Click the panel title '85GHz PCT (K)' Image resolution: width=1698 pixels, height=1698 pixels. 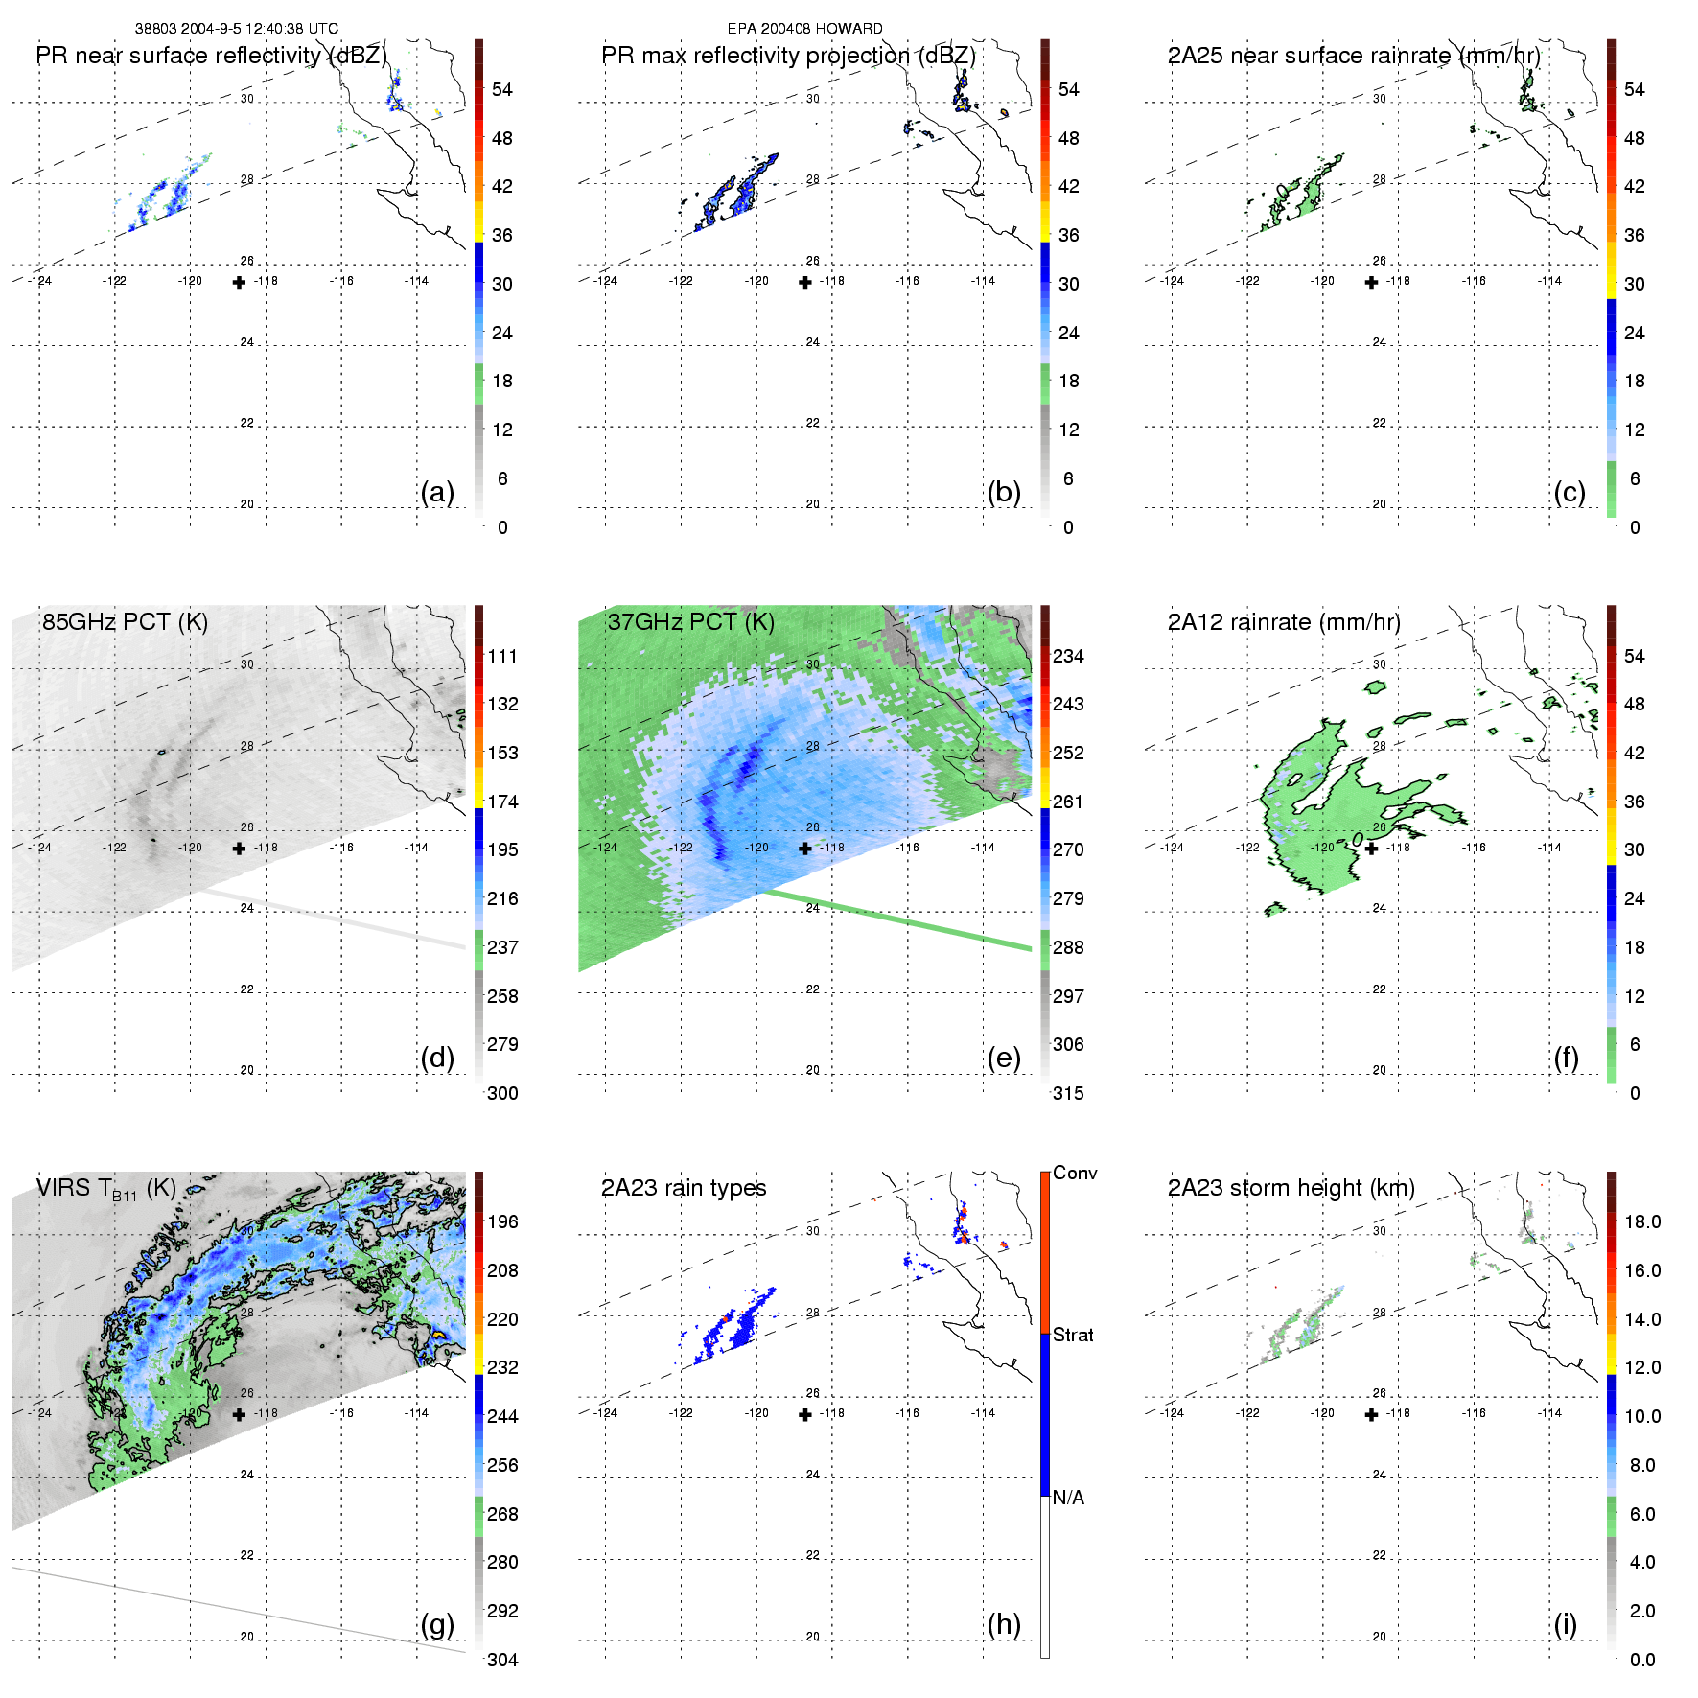125,622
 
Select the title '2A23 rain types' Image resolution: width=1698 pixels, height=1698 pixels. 684,1189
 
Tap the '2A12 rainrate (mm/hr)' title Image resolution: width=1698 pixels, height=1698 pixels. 1284,622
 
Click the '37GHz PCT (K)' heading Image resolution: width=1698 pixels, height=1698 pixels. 690,622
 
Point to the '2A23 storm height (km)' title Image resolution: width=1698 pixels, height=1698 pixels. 1291,1189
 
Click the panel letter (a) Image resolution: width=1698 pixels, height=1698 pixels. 437,493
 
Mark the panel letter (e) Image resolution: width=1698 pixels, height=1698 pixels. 1003,1058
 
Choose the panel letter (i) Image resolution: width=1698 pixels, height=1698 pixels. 1565,1624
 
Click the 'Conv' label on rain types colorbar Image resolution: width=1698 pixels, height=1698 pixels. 1075,1174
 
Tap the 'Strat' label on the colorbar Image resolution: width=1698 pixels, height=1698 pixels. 1073,1336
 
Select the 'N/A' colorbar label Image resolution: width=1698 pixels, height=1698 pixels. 1068,1498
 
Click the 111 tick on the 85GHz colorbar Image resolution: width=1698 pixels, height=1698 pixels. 502,657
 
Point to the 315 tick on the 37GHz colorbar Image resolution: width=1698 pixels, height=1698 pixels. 1068,1094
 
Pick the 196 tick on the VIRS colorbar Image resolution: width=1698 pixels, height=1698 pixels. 502,1222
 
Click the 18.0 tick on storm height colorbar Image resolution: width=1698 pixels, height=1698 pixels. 1642,1222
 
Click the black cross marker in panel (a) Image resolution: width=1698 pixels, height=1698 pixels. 239,282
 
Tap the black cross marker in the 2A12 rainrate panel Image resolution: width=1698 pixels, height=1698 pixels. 1371,849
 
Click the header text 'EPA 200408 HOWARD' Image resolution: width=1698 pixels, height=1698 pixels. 804,29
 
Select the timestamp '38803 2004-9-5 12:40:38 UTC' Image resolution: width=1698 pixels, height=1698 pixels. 236,29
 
